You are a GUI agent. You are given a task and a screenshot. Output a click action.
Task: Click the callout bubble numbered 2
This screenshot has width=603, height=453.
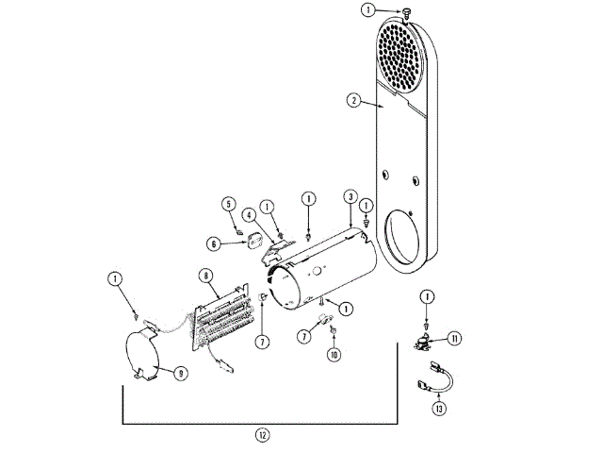[x=352, y=100]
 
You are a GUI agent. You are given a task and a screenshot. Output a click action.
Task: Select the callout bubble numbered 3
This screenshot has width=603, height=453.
[x=350, y=197]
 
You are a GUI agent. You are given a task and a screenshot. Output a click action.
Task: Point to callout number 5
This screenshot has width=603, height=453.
[x=228, y=203]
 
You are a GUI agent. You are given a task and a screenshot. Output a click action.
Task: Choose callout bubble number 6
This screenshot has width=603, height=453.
[x=213, y=243]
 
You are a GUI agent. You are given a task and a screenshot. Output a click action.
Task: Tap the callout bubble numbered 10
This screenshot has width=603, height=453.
[x=333, y=355]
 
